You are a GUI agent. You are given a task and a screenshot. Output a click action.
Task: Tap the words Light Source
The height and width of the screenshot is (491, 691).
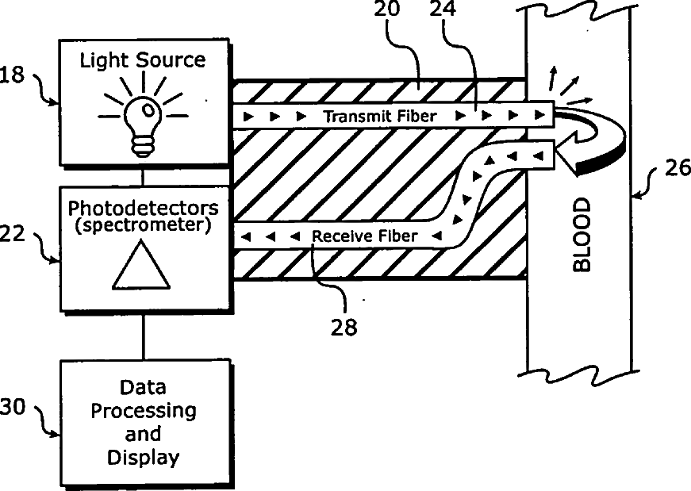click(x=142, y=60)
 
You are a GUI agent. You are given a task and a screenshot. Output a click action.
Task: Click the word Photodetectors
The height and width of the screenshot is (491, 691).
click(x=143, y=209)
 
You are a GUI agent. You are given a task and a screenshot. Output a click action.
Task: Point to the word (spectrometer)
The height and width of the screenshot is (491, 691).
click(x=143, y=225)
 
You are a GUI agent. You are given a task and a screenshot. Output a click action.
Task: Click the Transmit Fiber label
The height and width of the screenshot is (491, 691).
click(x=379, y=117)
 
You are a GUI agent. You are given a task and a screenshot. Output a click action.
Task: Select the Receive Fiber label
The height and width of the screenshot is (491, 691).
click(x=364, y=236)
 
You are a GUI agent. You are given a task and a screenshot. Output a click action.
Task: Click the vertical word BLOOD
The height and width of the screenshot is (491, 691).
click(x=582, y=236)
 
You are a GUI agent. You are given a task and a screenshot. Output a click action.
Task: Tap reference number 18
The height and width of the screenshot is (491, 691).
click(x=13, y=75)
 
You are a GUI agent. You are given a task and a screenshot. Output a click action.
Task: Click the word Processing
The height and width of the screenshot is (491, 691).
click(x=143, y=411)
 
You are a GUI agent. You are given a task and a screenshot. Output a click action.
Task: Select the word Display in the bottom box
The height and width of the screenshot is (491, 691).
click(x=143, y=458)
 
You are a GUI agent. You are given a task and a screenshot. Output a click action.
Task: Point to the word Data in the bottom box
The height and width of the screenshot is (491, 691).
click(x=143, y=388)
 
